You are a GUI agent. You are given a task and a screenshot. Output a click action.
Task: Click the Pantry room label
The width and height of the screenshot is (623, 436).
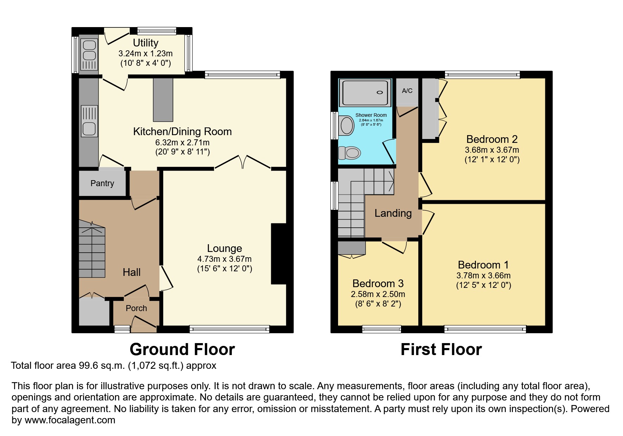102,183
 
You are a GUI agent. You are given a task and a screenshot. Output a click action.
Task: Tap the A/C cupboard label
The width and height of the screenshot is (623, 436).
407,91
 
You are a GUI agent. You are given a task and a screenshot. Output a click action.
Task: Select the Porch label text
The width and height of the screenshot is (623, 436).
136,308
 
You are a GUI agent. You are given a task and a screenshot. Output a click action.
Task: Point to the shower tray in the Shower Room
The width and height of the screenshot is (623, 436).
366,93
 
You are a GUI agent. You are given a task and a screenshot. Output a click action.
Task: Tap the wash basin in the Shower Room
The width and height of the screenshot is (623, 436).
347,126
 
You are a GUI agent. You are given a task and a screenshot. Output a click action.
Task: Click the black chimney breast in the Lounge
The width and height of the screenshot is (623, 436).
279,253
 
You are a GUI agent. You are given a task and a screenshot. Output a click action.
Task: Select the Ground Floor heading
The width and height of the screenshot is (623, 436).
182,349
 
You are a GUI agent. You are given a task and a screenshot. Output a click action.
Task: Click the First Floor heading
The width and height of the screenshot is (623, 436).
441,349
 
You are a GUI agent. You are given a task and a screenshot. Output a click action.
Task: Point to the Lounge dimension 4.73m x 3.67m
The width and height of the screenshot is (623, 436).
224,259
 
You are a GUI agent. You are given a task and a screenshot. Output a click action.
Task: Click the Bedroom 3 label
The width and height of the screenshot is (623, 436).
378,284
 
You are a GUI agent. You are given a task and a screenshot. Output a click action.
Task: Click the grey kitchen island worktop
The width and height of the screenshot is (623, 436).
163,100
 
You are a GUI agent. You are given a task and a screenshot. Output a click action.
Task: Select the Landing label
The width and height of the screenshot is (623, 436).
393,213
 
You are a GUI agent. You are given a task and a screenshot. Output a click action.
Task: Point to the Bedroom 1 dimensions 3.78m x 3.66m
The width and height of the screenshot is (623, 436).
483,276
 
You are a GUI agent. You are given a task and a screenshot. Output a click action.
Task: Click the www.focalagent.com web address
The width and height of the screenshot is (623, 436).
70,420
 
